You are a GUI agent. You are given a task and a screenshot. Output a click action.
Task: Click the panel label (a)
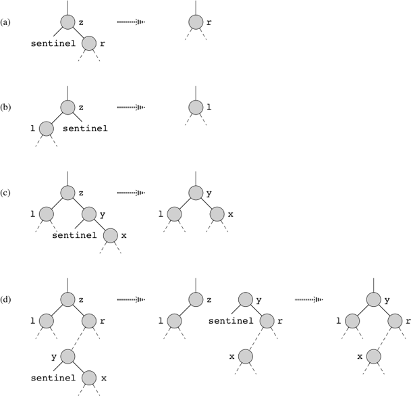click(x=5, y=22)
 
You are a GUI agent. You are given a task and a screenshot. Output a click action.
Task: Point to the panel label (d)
click(x=5, y=299)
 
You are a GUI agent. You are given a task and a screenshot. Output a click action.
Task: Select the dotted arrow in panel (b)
click(x=131, y=107)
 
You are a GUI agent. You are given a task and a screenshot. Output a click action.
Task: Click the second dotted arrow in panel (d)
click(x=309, y=299)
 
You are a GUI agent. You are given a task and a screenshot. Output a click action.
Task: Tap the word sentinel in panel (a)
click(x=53, y=43)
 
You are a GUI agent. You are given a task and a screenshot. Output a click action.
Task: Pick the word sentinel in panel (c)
click(x=74, y=235)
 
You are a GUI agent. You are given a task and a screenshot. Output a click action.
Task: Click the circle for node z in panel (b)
click(x=68, y=107)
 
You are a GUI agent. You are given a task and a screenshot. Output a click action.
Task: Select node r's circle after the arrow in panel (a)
click(x=196, y=22)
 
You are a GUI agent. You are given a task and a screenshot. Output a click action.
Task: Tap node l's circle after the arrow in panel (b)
click(x=196, y=107)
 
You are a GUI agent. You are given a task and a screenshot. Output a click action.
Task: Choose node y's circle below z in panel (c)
click(x=89, y=214)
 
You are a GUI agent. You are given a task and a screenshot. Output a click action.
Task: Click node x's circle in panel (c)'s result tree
click(x=217, y=214)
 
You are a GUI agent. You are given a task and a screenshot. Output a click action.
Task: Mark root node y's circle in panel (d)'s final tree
click(x=373, y=299)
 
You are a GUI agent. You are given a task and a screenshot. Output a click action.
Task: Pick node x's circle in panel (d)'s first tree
click(x=89, y=378)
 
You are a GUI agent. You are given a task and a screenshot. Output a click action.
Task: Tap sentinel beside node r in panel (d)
click(x=231, y=321)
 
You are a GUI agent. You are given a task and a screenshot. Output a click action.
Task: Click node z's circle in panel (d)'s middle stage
click(x=196, y=299)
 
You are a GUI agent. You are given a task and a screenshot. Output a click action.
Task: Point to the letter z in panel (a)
click(x=81, y=22)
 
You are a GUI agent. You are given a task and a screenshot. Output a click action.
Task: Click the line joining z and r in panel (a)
click(x=78, y=32)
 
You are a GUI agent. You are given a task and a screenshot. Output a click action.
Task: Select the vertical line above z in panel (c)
click(x=68, y=178)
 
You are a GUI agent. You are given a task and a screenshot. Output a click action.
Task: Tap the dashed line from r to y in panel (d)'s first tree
click(x=78, y=339)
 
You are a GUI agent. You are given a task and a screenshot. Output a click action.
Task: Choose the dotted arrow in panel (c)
click(x=131, y=193)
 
